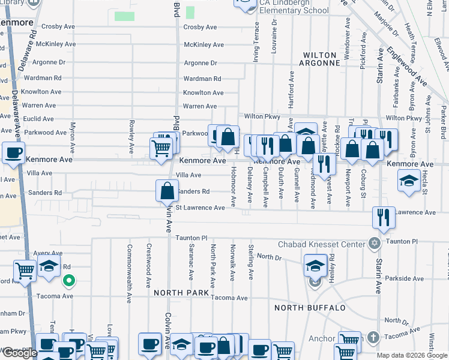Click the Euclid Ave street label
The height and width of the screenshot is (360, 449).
click(40, 119)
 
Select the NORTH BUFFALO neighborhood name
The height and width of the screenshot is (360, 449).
click(310, 308)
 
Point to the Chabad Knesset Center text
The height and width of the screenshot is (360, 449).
click(321, 244)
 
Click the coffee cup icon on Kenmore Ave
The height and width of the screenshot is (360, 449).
click(13, 152)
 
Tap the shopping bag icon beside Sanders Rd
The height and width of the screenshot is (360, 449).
click(167, 191)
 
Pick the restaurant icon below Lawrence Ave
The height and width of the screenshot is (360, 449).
click(383, 218)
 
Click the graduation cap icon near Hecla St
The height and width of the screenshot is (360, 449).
click(409, 180)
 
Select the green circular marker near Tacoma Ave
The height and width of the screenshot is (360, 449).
click(69, 280)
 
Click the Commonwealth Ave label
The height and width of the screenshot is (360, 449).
click(129, 266)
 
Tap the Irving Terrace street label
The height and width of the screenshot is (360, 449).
click(256, 42)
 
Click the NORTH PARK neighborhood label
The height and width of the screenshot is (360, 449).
click(181, 293)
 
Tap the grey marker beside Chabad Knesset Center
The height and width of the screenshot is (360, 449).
click(375, 244)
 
